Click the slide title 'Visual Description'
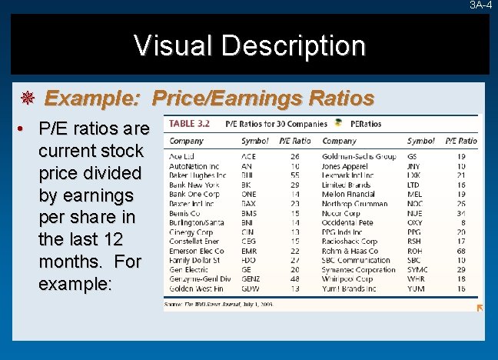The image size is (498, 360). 249,45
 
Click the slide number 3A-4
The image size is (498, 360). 481,5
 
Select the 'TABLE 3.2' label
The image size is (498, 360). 189,123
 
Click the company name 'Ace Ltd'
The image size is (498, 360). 183,156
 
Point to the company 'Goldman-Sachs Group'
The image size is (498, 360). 359,156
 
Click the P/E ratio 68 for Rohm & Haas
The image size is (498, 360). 460,250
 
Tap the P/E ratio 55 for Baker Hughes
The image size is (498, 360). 294,175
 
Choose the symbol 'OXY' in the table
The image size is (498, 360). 414,222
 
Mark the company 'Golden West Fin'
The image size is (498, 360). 198,288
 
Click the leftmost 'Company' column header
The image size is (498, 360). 187,142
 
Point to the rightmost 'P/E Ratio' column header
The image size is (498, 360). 460,142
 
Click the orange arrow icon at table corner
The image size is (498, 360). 480,308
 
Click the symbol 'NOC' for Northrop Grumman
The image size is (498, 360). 414,203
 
